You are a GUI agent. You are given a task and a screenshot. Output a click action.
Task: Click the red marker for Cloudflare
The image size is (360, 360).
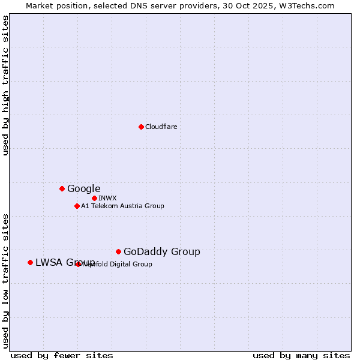141,127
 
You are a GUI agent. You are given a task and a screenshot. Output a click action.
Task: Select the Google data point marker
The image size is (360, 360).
62,188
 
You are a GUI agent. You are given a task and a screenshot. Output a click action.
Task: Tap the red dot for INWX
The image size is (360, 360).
94,198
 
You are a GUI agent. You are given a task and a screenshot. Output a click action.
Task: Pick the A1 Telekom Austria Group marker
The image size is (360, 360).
77,206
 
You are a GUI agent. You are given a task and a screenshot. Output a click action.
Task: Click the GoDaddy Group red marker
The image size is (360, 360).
118,251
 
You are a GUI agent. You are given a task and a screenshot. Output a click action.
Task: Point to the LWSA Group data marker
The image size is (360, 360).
30,262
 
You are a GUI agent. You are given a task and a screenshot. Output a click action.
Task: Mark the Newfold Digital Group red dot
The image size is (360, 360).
79,264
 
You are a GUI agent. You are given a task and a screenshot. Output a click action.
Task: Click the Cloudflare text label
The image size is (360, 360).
161,127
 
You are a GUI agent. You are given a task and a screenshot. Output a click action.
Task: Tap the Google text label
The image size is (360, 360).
83,188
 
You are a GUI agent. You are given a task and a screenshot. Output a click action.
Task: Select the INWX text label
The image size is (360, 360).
107,198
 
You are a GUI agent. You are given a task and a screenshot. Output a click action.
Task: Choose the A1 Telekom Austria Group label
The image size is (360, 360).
122,206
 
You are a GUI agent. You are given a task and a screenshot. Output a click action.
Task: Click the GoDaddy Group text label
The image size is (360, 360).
161,251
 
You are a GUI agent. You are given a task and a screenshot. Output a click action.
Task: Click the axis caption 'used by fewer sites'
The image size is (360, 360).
62,356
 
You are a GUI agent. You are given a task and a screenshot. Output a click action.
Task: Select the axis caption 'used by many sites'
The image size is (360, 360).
301,356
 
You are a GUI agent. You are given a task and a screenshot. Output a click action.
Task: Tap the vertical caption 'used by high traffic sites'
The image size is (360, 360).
6,85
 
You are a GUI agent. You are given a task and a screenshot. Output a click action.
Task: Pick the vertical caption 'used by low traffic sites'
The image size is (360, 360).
6,280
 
